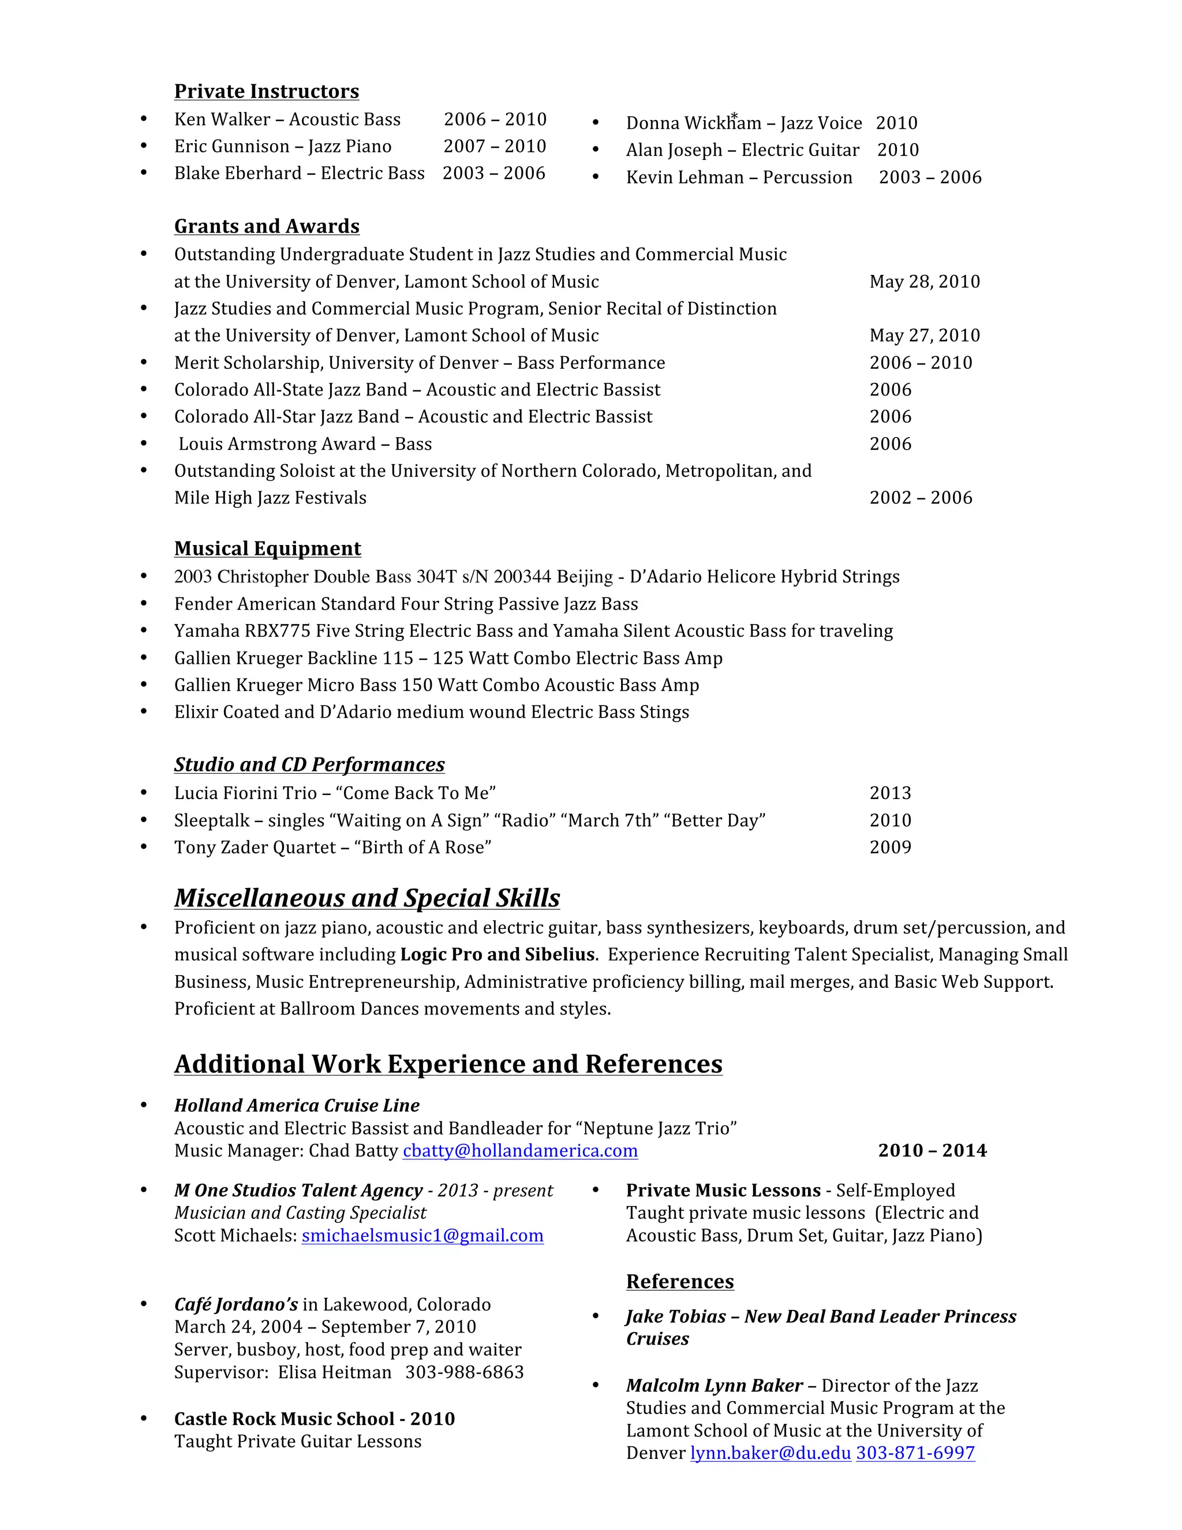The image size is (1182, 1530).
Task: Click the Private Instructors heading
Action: point(266,92)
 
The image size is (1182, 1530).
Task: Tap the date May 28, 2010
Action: point(925,282)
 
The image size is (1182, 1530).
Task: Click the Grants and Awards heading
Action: point(266,226)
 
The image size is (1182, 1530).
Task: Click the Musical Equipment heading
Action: point(267,548)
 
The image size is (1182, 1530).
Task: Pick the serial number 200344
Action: point(522,577)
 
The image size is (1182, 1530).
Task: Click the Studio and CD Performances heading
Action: point(309,764)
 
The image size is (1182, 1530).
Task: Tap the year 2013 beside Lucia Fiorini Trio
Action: point(890,793)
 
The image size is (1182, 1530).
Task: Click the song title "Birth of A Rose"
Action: point(423,848)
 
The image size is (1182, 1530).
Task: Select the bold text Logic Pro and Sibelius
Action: point(497,955)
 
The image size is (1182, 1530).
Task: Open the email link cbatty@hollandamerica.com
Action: point(519,1151)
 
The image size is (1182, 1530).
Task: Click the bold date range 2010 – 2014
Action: point(932,1151)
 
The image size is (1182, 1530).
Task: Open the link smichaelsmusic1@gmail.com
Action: point(422,1236)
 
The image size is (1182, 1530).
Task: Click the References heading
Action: point(679,1281)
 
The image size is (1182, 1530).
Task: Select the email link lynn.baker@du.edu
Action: point(770,1453)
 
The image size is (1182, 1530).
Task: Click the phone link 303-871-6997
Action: point(915,1453)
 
